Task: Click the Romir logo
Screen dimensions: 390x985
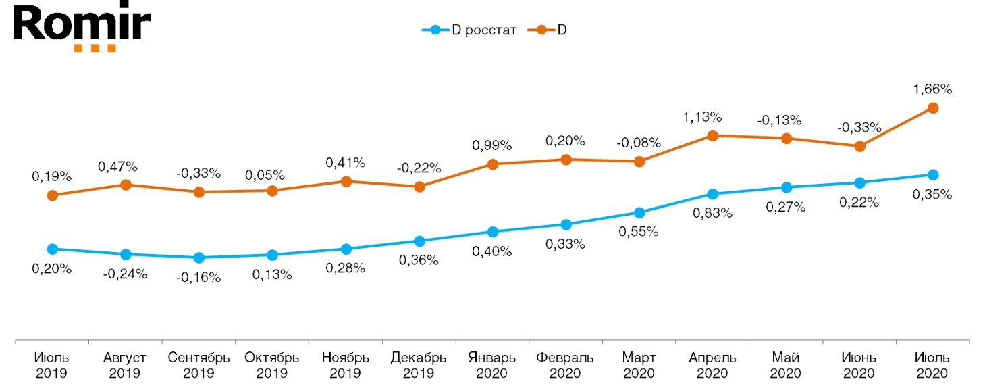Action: pyautogui.click(x=81, y=27)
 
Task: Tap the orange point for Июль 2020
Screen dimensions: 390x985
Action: pyautogui.click(x=933, y=107)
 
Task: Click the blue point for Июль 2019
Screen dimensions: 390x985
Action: pyautogui.click(x=52, y=249)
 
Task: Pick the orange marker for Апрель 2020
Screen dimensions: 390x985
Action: pyautogui.click(x=712, y=136)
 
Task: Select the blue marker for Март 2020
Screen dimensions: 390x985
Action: pyautogui.click(x=639, y=213)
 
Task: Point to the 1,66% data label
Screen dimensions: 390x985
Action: pyautogui.click(x=933, y=89)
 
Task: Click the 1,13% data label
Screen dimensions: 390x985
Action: pyautogui.click(x=712, y=117)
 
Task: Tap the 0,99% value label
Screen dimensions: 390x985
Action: pyautogui.click(x=492, y=145)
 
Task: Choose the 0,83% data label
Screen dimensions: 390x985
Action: pyautogui.click(x=712, y=213)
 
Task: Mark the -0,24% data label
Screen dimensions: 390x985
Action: pyautogui.click(x=126, y=274)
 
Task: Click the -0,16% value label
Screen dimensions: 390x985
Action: pyautogui.click(x=198, y=277)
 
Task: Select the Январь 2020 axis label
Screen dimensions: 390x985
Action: pyautogui.click(x=492, y=365)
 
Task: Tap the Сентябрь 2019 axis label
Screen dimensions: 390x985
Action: pyautogui.click(x=198, y=365)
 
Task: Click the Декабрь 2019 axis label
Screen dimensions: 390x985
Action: pyautogui.click(x=419, y=365)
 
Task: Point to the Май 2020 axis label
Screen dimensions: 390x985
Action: pyautogui.click(x=786, y=365)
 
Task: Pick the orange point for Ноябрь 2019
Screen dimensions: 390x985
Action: pyautogui.click(x=346, y=181)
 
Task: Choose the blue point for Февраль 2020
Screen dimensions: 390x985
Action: pyautogui.click(x=566, y=224)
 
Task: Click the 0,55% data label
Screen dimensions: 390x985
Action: pyautogui.click(x=639, y=232)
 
